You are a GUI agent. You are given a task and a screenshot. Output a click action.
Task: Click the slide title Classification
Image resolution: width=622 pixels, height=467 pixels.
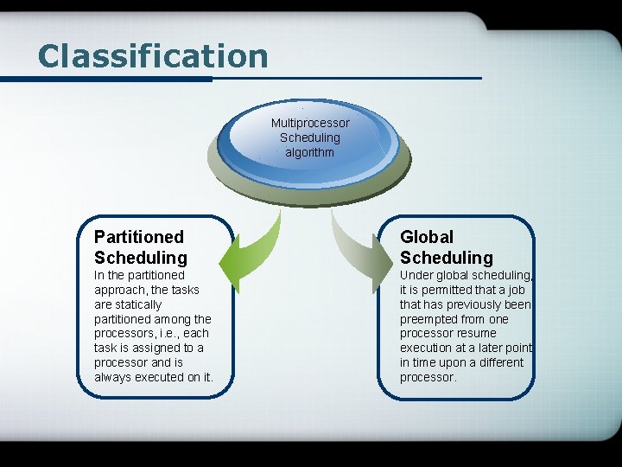pos(153,56)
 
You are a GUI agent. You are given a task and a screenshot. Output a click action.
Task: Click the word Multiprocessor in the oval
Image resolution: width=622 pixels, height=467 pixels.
pos(310,123)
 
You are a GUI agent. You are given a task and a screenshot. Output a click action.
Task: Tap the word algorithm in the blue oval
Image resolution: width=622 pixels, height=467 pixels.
pos(310,152)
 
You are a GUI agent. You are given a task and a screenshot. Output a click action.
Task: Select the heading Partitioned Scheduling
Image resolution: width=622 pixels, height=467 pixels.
pos(140,246)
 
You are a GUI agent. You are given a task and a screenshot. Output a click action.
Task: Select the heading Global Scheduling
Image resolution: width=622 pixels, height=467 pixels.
pos(446,246)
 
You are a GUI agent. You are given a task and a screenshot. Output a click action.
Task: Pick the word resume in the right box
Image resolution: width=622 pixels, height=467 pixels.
pos(476,333)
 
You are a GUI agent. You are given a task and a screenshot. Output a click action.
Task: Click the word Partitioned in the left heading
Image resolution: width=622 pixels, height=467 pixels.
pos(139,236)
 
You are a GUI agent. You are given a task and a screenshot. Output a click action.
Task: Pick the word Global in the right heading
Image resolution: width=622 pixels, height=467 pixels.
pos(427,236)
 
